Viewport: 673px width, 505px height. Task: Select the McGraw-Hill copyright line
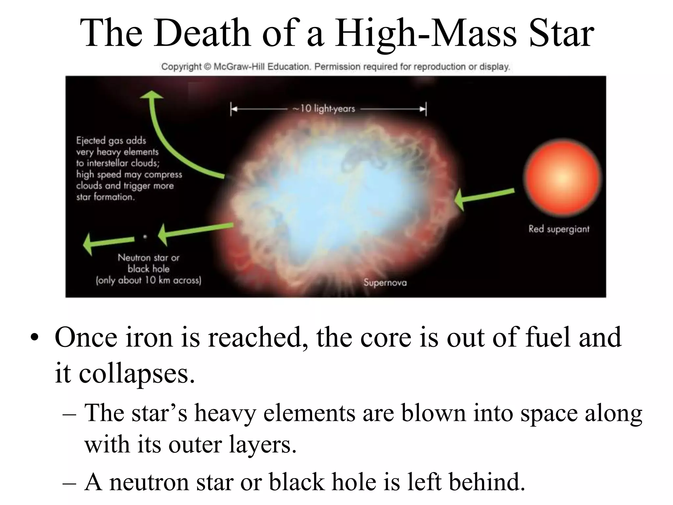[x=335, y=67]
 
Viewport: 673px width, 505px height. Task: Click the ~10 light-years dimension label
[x=324, y=108]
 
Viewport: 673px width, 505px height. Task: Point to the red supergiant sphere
[x=562, y=177]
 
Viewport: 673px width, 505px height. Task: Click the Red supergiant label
[x=559, y=229]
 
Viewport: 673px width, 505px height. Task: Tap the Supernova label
[x=385, y=282]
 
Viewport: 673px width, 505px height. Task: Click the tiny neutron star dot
[x=145, y=236]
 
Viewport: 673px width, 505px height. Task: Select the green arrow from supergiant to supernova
[x=483, y=197]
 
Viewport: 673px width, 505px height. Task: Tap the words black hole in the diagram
[x=149, y=269]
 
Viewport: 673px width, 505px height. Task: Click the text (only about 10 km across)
[x=148, y=280]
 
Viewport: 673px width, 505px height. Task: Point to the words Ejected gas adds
[x=111, y=141]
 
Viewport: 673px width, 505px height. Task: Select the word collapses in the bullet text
[x=136, y=373]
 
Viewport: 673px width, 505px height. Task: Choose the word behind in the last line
[x=487, y=482]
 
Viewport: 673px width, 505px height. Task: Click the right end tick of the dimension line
[x=426, y=109]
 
